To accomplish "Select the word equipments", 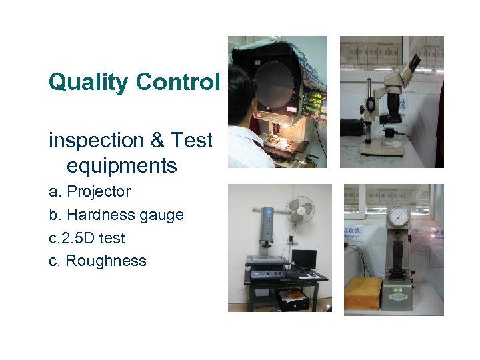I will coord(121,165).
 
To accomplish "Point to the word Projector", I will coord(99,192).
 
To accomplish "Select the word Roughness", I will coord(106,261).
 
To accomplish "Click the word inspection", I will coord(97,141).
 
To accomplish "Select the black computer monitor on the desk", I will coord(303,259).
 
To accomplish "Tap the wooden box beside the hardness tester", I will coord(363,292).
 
